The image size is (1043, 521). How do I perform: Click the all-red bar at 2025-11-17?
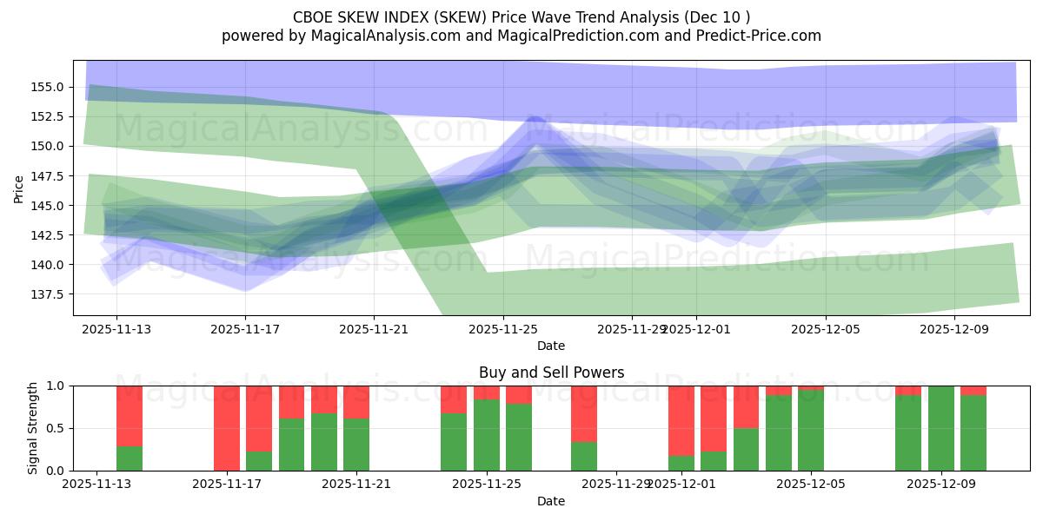227,428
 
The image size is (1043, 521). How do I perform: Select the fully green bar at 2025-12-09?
941,428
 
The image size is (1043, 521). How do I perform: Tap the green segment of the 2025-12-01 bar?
681,463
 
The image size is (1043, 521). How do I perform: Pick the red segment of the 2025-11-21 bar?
356,402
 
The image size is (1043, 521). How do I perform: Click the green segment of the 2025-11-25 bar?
487,435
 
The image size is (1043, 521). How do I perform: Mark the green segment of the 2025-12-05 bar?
811,431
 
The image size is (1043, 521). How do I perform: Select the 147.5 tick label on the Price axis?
47,176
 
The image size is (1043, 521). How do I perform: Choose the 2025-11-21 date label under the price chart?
374,329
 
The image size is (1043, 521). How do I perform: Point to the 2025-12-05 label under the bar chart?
811,485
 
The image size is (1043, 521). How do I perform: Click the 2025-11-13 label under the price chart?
116,329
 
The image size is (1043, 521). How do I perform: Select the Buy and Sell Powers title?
551,373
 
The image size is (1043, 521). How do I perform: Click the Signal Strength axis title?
33,428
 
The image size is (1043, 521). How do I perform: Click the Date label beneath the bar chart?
551,501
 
